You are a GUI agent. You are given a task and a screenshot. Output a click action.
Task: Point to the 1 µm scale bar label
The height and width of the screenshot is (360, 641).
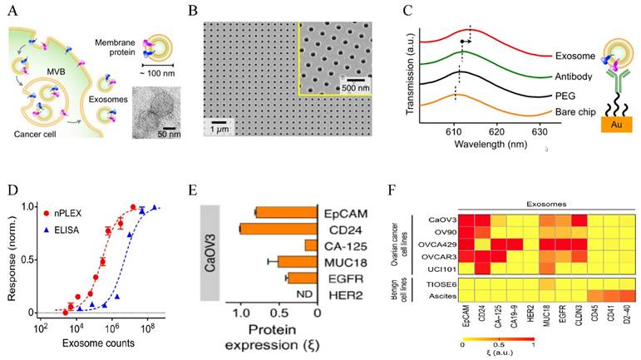tap(219, 129)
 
